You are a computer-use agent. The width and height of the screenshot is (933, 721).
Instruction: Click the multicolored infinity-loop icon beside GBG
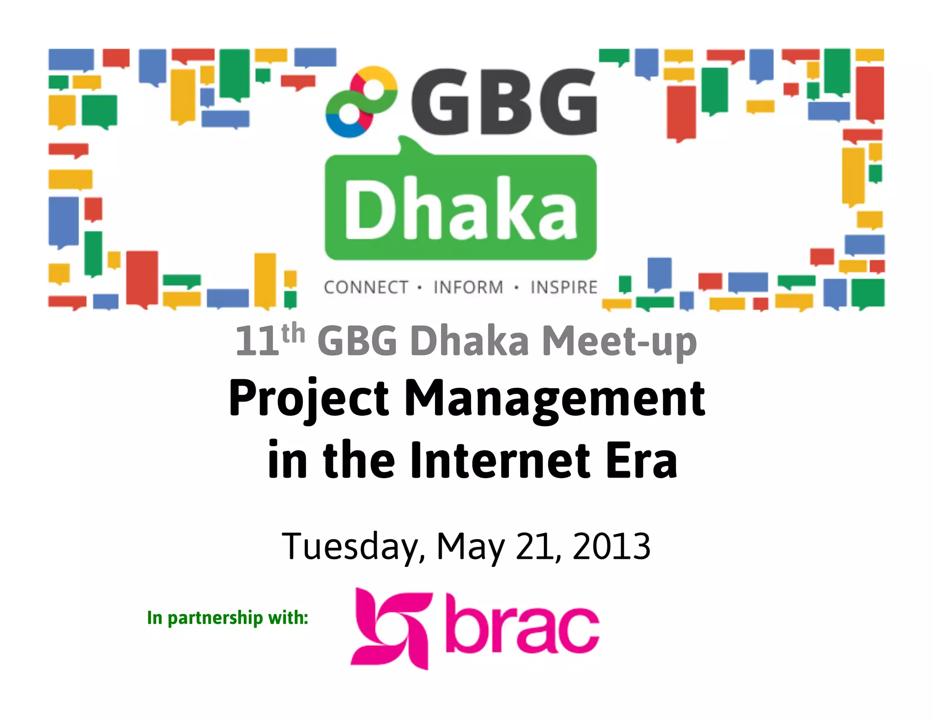point(361,102)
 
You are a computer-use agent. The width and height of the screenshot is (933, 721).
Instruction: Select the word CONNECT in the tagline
point(366,288)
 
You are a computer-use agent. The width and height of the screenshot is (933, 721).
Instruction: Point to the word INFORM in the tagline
point(468,288)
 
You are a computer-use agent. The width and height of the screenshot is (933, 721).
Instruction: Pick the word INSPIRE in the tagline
point(564,288)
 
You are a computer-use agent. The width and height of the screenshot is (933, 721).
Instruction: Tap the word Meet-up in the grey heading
point(620,342)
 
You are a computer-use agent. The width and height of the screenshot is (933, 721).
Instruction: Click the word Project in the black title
point(309,398)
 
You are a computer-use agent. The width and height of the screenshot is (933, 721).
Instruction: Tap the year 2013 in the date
point(611,546)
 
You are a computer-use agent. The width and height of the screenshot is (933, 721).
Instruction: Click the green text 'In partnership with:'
point(227,618)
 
